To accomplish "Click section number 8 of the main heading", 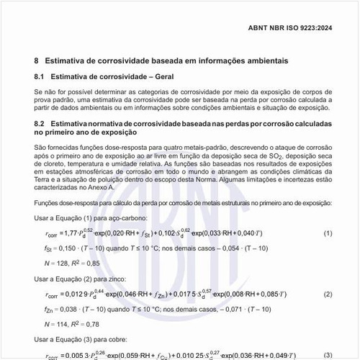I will pyautogui.click(x=37, y=61).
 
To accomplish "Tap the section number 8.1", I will pyautogui.click(x=40, y=76).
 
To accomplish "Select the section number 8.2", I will pyautogui.click(x=40, y=125).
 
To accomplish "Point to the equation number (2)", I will pyautogui.click(x=328, y=294).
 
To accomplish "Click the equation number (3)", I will pyautogui.click(x=328, y=355).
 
